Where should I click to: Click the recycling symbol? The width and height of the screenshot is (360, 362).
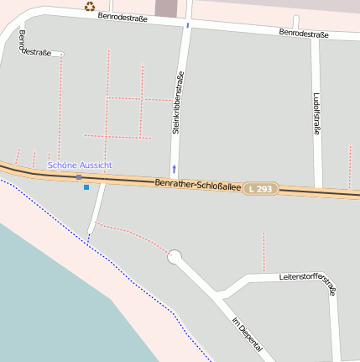click(x=90, y=7)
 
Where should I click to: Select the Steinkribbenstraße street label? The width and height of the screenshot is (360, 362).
click(x=178, y=102)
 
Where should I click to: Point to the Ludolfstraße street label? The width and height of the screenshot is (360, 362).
click(x=317, y=113)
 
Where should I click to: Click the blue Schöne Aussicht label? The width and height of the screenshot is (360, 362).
click(x=80, y=165)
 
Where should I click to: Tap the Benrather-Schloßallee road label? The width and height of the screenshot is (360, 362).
click(x=198, y=184)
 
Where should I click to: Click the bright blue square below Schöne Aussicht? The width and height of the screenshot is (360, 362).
click(x=86, y=186)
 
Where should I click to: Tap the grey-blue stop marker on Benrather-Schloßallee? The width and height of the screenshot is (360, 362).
click(x=79, y=177)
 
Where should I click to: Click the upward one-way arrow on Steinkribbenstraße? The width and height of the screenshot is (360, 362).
click(x=175, y=168)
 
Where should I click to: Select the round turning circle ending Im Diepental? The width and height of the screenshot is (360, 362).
click(x=175, y=256)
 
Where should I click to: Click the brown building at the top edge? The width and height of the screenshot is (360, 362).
click(x=166, y=8)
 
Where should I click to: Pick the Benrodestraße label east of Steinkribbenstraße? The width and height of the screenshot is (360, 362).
click(x=303, y=34)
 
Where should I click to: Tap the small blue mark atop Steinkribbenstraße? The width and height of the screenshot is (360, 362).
click(x=188, y=25)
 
